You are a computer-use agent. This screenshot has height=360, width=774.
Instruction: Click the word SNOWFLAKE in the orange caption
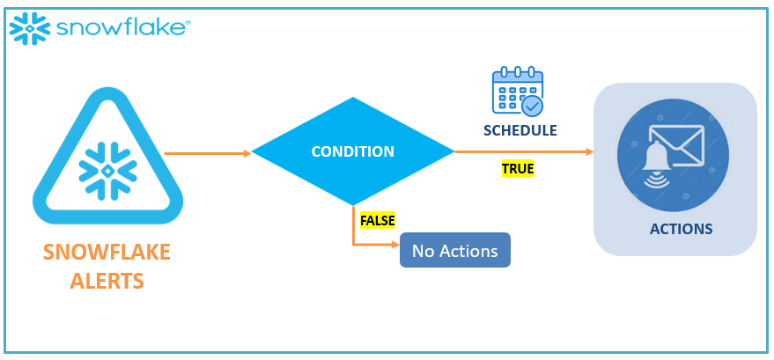tap(107, 255)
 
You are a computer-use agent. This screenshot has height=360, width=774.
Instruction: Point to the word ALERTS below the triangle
tap(107, 283)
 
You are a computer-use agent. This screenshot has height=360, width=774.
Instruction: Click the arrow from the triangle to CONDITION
tap(208, 152)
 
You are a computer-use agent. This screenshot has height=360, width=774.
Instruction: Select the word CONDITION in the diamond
tap(352, 151)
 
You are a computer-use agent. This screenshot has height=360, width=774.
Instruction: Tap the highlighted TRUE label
tap(518, 169)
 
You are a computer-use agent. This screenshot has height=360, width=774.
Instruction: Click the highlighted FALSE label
tap(378, 219)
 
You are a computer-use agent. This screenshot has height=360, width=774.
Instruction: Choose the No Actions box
tap(454, 251)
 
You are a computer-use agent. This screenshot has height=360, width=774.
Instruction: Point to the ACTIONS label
tap(681, 230)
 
